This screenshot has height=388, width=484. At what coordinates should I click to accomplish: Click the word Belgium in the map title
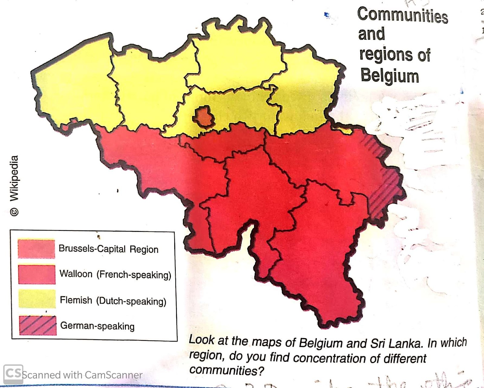point(390,76)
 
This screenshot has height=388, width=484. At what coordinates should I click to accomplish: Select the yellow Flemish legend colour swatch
point(37,299)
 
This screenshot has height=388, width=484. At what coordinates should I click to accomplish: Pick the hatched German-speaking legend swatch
point(38,325)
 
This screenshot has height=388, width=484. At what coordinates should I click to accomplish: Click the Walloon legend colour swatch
point(37,274)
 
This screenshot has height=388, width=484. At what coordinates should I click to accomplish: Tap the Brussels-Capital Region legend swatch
point(36,249)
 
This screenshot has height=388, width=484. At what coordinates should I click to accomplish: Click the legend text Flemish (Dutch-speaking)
point(113,301)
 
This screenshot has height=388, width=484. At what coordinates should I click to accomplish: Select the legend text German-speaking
point(97,326)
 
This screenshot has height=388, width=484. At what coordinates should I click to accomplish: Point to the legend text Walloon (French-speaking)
point(115,274)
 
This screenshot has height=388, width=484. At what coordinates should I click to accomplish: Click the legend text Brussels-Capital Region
point(108,249)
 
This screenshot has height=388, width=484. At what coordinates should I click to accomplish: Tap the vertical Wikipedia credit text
point(14,178)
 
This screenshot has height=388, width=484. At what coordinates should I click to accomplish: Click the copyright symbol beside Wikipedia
point(14,212)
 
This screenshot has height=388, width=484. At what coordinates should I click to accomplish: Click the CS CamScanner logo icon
point(13,374)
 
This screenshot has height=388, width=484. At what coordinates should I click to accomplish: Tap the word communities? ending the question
point(227,370)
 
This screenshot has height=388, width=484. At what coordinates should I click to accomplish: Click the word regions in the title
point(386,55)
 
